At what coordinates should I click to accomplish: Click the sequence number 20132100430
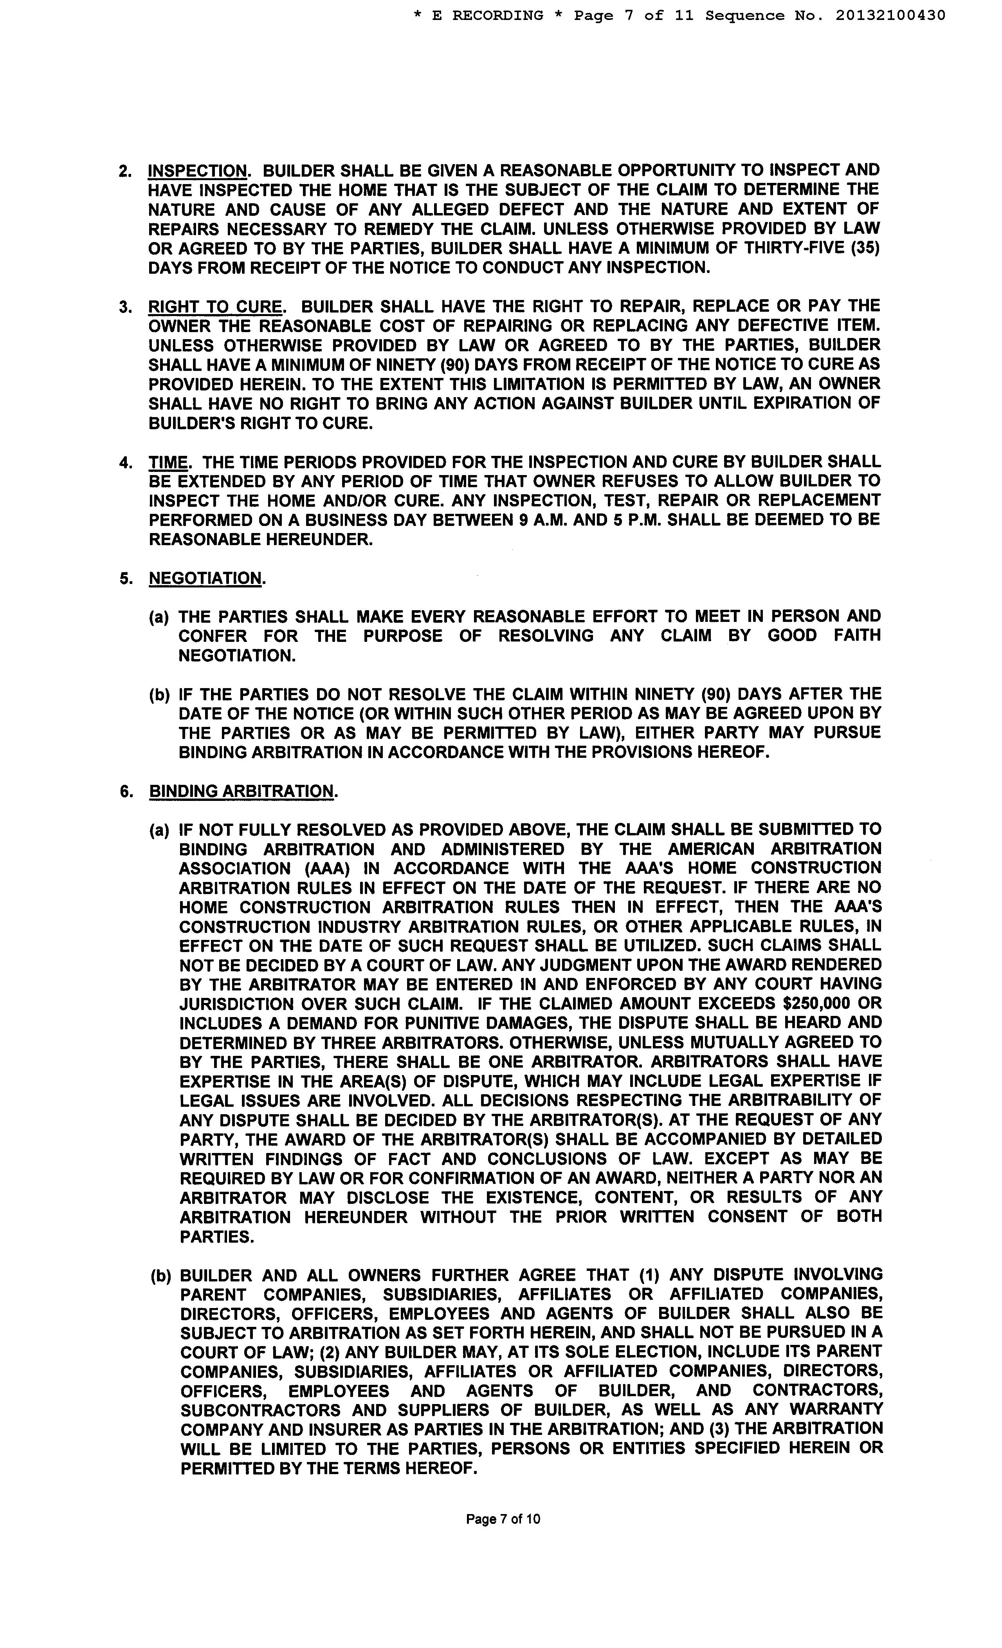[890, 15]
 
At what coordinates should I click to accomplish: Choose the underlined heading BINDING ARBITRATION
[241, 791]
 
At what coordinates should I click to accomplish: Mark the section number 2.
[125, 171]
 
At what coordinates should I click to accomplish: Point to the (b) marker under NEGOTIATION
[159, 695]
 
